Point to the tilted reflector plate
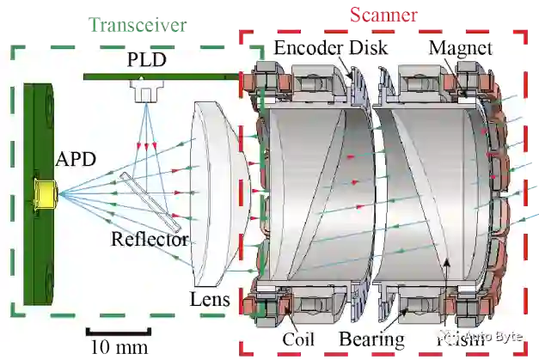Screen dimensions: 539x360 150,199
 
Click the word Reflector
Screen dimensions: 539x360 150,238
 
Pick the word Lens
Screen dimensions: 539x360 210,299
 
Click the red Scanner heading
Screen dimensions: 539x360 383,15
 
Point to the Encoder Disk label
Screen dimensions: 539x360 330,48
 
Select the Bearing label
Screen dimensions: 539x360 371,339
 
